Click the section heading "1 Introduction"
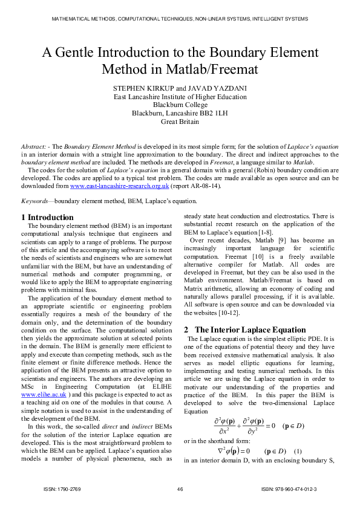tap(47, 217)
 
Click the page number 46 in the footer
tap(180, 488)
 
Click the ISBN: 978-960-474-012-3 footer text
tap(289, 488)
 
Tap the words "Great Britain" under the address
tap(180, 121)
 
